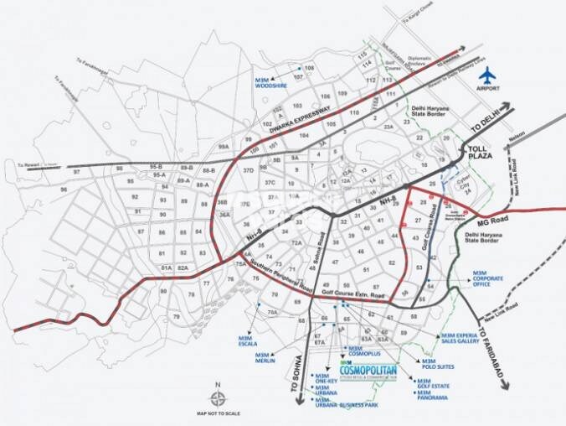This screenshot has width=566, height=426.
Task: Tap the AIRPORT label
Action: click(487, 87)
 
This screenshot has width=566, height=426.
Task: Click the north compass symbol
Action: click(215, 397)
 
